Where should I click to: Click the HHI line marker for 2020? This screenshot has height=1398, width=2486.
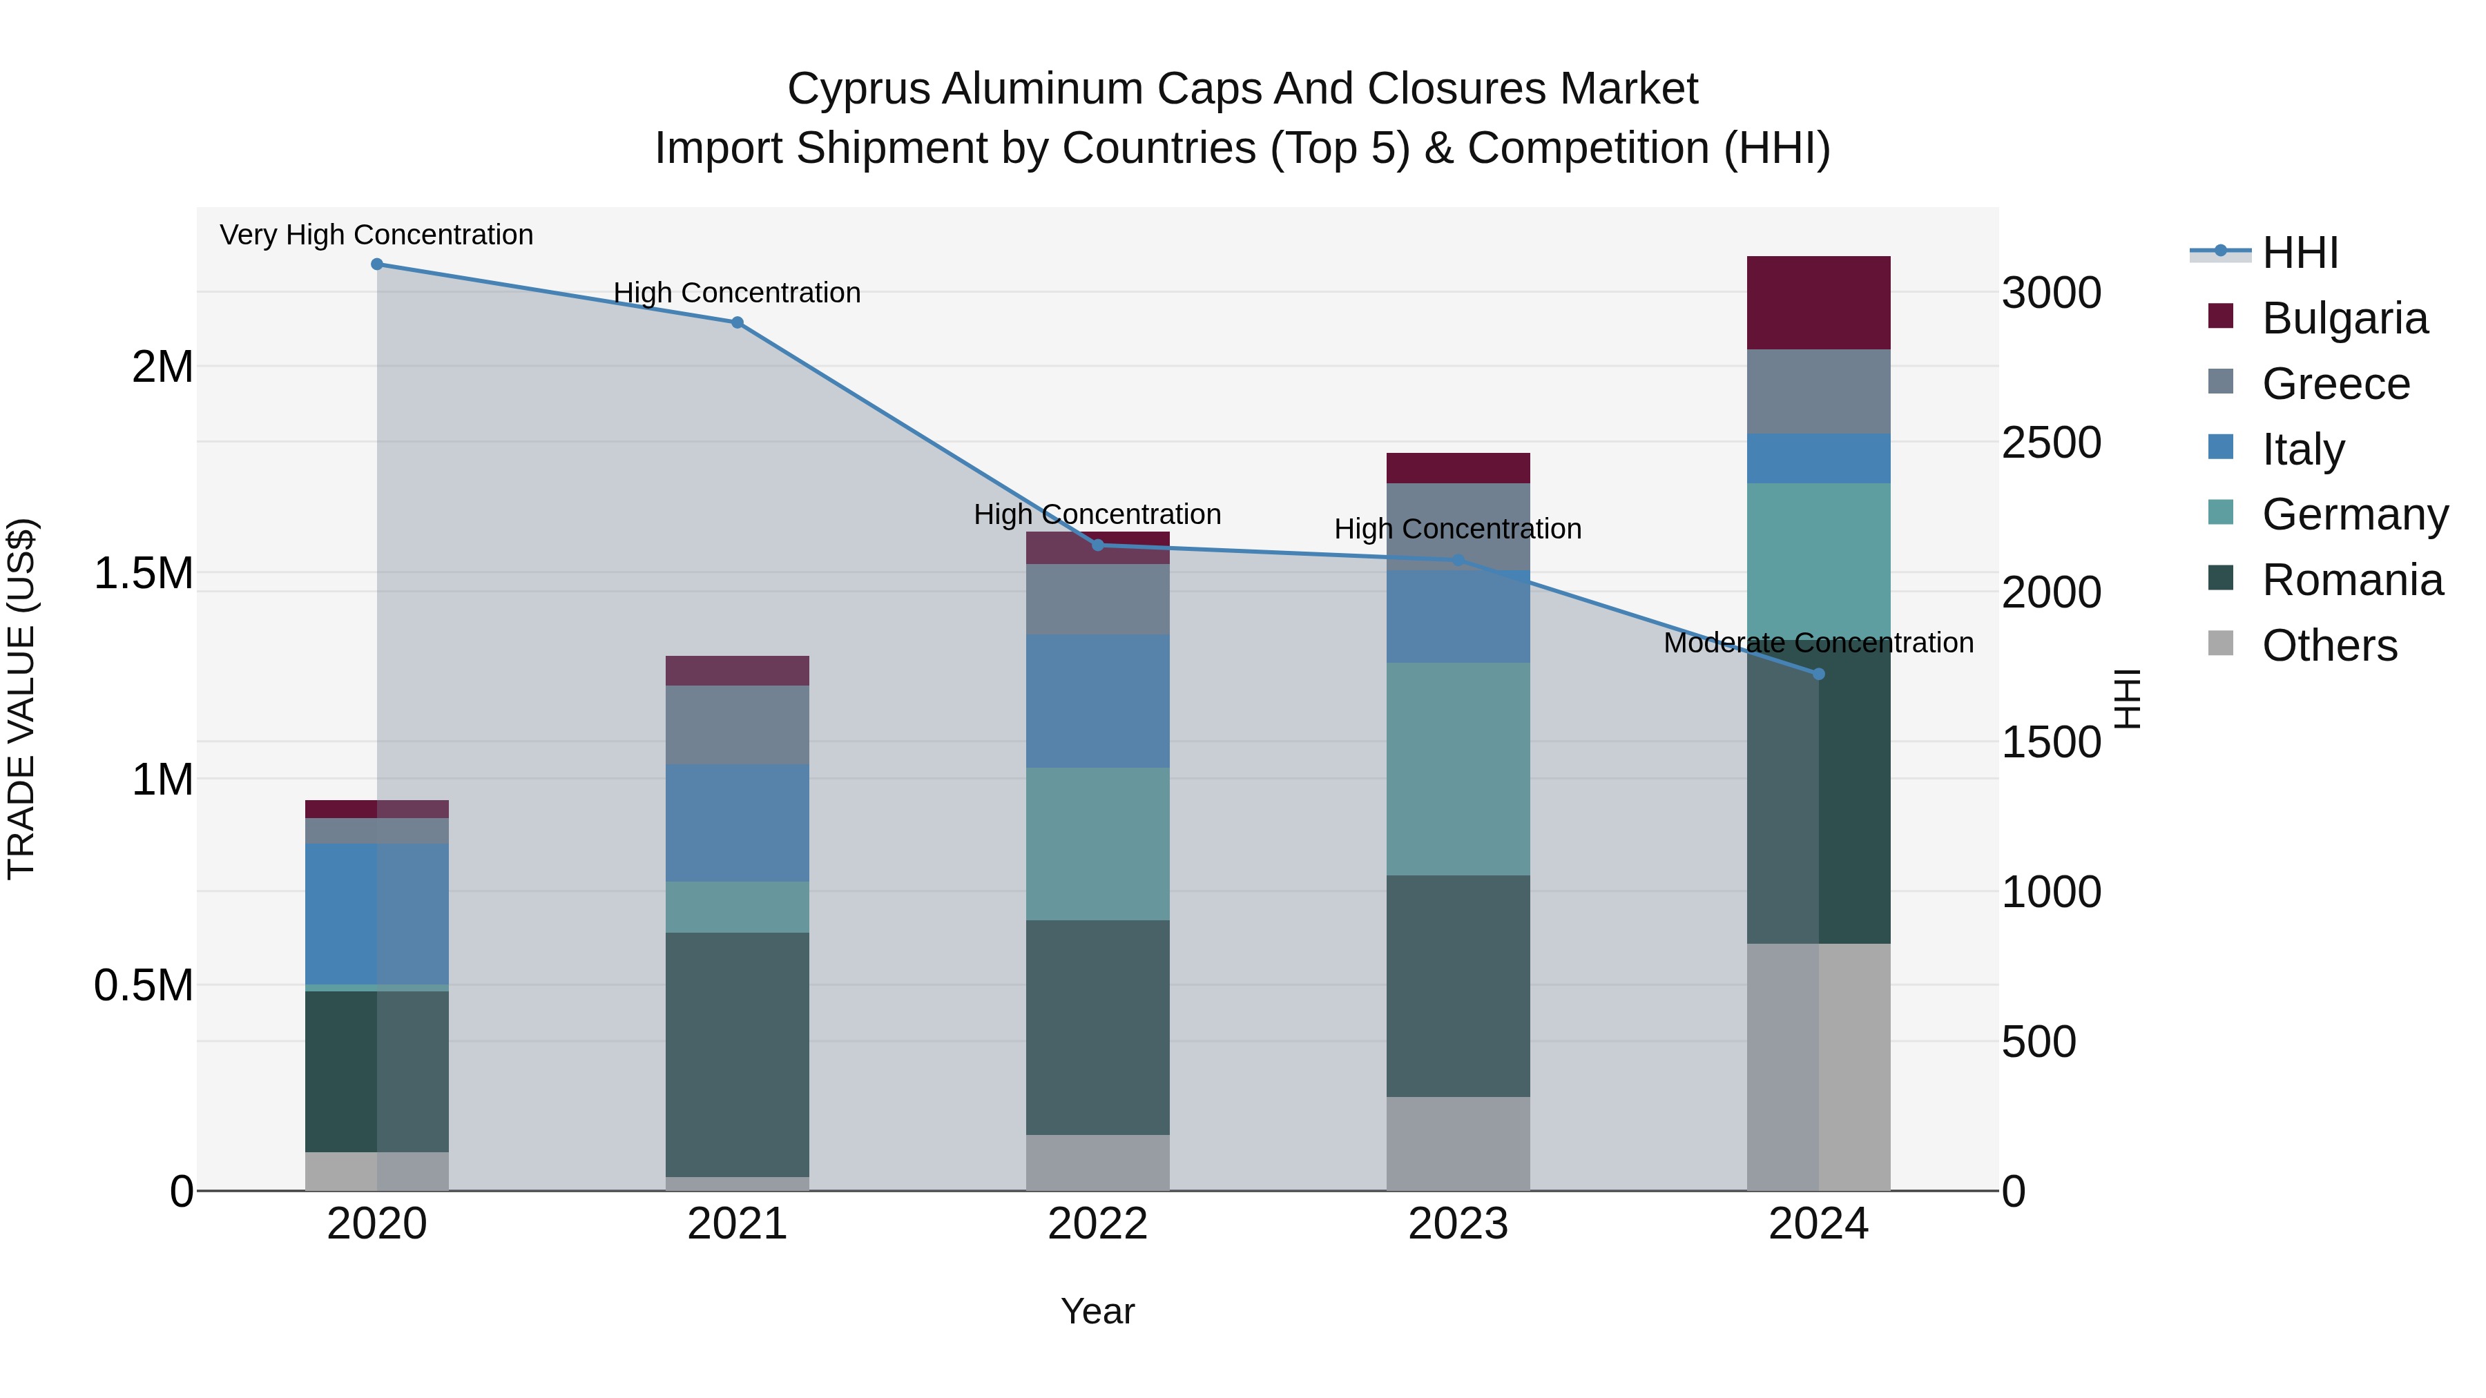(377, 264)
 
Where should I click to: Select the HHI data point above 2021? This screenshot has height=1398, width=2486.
(738, 322)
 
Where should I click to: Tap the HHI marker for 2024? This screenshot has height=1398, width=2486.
(1818, 673)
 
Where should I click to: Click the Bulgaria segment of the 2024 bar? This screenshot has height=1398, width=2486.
(1818, 303)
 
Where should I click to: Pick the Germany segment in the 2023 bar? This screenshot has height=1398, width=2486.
(1458, 769)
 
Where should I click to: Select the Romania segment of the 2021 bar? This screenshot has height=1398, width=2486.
(738, 1054)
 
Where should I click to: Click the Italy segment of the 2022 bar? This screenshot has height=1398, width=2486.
(1097, 701)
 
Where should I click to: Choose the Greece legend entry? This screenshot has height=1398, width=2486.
(2335, 384)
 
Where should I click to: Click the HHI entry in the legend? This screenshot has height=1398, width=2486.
(2300, 253)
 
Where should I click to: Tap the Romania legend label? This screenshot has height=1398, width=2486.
(2352, 580)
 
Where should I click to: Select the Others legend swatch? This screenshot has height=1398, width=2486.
(2221, 643)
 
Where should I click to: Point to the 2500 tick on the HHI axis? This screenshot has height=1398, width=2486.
(2051, 443)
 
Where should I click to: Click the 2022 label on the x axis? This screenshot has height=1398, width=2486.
(1097, 1224)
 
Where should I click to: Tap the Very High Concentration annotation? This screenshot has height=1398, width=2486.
(376, 235)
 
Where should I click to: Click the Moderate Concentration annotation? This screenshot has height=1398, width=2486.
(1818, 643)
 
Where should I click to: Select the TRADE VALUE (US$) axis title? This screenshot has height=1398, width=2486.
(21, 699)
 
